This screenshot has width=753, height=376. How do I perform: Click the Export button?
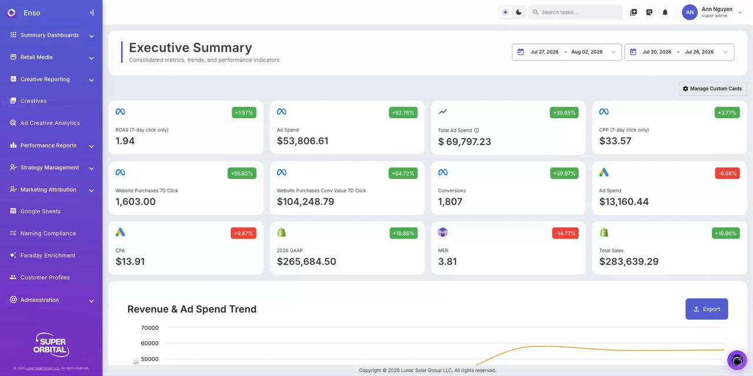707,309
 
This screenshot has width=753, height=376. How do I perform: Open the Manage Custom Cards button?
712,89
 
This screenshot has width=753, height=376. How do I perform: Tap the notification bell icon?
665,12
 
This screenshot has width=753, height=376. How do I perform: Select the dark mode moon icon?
519,12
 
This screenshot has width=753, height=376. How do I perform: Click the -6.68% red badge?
727,173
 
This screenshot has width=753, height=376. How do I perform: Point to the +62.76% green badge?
403,112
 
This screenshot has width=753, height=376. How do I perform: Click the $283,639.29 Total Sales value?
629,261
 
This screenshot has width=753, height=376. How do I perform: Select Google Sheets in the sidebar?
41,211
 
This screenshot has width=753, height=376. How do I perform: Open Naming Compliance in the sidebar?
48,233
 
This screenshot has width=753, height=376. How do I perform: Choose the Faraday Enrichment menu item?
48,256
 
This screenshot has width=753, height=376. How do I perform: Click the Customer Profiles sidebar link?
45,278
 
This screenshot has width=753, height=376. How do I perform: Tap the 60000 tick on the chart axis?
149,343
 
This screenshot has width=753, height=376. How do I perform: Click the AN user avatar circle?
689,12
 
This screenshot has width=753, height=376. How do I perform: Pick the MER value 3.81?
447,261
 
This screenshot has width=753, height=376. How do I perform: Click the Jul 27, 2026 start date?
544,52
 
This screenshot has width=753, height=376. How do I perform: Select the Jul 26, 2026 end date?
699,52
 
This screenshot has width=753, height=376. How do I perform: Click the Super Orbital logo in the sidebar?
51,345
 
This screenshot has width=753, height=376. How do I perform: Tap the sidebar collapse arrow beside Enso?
91,13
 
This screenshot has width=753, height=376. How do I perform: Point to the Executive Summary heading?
190,48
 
